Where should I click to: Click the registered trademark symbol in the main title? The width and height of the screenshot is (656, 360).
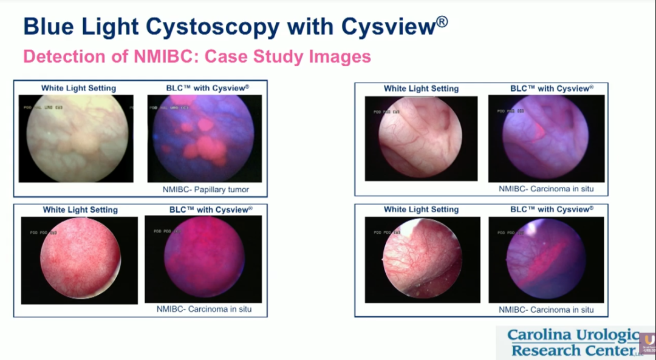[442, 22]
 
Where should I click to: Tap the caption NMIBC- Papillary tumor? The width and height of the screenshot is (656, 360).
[205, 189]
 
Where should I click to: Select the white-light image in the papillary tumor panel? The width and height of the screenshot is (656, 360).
[77, 138]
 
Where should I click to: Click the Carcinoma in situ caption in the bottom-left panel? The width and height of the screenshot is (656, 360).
[203, 309]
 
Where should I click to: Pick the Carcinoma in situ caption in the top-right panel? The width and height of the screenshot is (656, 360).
[546, 189]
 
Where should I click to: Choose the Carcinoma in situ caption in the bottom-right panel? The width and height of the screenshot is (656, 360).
[546, 310]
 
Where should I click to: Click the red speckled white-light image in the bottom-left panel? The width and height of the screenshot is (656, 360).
[80, 260]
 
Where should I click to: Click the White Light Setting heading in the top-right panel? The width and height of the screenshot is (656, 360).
[421, 89]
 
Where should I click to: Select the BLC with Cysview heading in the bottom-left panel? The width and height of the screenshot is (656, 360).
[210, 210]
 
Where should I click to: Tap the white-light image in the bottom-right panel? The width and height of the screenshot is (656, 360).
[422, 260]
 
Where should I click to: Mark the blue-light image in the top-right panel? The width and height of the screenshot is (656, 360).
[546, 138]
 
